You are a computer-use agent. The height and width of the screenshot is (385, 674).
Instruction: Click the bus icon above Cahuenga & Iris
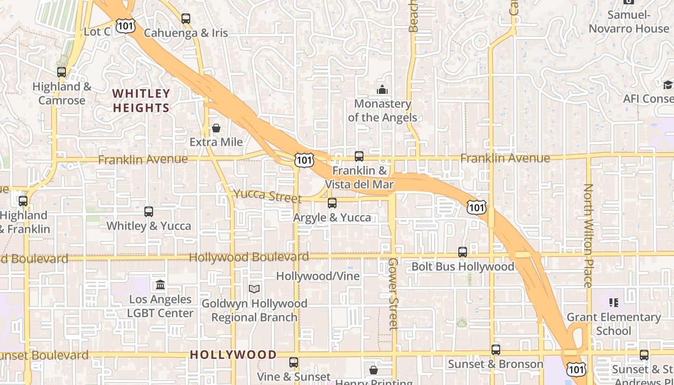pyautogui.click(x=186, y=19)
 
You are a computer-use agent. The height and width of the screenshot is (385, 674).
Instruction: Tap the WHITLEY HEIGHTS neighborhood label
pyautogui.click(x=141, y=101)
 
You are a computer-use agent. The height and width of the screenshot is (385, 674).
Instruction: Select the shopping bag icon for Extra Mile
pyautogui.click(x=216, y=128)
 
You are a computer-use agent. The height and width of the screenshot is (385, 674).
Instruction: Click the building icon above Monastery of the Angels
pyautogui.click(x=382, y=90)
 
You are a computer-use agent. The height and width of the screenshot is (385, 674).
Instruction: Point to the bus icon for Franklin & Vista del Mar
pyautogui.click(x=359, y=156)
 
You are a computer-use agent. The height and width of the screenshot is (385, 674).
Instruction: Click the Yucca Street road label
pyautogui.click(x=267, y=196)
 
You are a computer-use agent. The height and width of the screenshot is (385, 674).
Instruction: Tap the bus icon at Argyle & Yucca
pyautogui.click(x=332, y=203)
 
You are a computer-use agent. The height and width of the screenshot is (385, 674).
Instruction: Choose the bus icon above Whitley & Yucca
pyautogui.click(x=149, y=211)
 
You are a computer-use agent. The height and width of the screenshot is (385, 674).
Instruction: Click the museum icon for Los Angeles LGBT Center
pyautogui.click(x=160, y=285)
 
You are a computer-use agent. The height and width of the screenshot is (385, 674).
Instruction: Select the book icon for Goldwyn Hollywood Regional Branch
pyautogui.click(x=254, y=289)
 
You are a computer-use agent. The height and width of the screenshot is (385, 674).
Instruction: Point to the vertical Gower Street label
pyautogui.click(x=393, y=294)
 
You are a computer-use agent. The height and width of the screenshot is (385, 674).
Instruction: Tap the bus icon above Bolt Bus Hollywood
pyautogui.click(x=463, y=252)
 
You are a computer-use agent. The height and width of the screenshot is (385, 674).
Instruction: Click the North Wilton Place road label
pyautogui.click(x=588, y=236)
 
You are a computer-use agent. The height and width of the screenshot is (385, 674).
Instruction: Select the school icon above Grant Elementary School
pyautogui.click(x=613, y=303)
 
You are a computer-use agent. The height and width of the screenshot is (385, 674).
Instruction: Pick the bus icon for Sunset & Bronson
pyautogui.click(x=496, y=350)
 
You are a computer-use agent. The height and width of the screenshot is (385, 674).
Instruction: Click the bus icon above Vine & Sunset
pyautogui.click(x=294, y=362)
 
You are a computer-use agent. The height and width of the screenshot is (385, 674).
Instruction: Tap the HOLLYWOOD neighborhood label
pyautogui.click(x=233, y=355)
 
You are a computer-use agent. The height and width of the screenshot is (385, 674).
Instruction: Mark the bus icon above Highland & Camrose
pyautogui.click(x=62, y=72)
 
